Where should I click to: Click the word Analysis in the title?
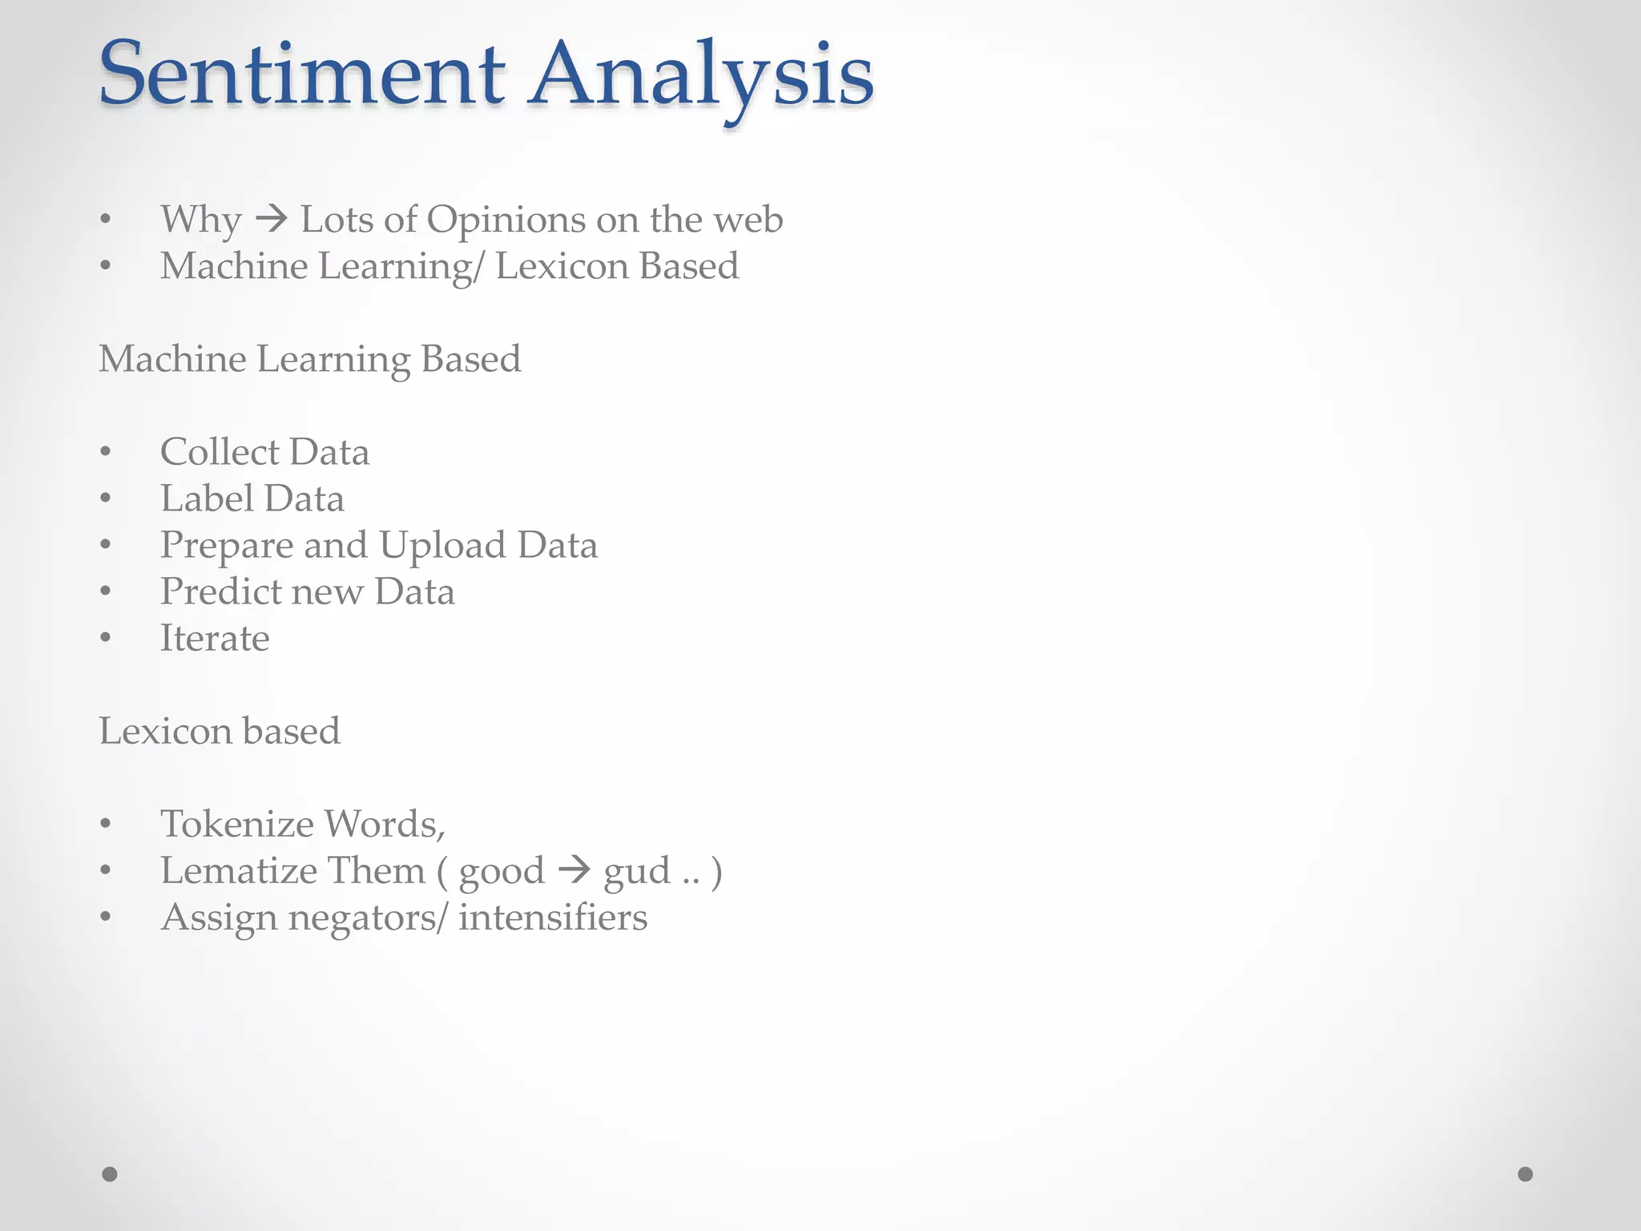click(x=700, y=76)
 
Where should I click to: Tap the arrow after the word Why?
click(x=272, y=219)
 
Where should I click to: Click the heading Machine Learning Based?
click(x=309, y=359)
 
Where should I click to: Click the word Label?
click(x=207, y=498)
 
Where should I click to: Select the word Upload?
click(x=442, y=546)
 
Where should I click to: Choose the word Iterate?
click(x=215, y=639)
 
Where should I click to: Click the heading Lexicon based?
click(x=220, y=731)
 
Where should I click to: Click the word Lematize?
click(x=236, y=870)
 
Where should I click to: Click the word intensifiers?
click(x=553, y=918)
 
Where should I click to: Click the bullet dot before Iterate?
click(x=106, y=639)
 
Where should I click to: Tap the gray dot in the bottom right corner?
click(x=1525, y=1174)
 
